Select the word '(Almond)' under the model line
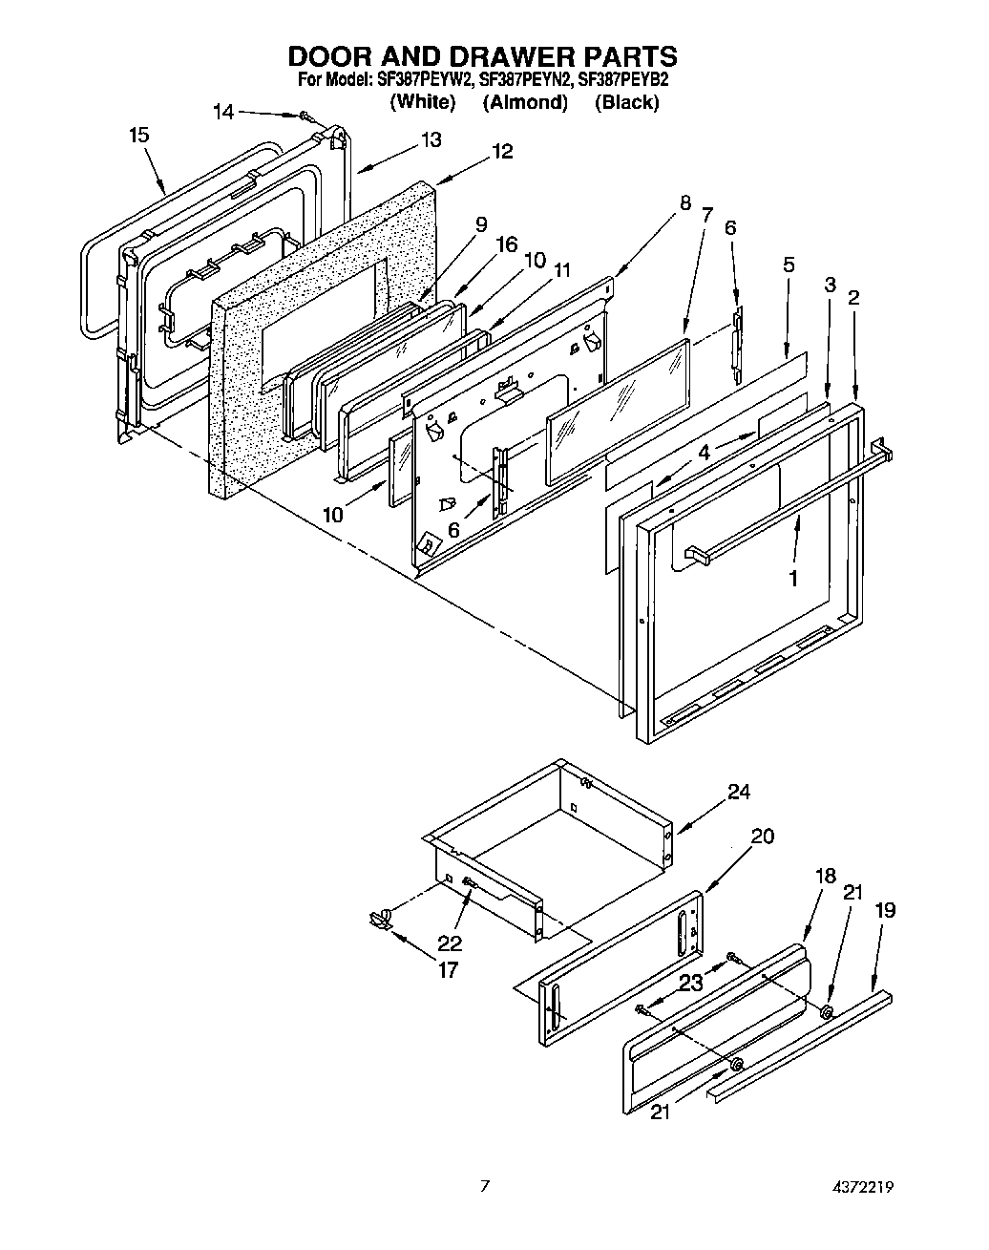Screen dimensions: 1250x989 pyautogui.click(x=524, y=102)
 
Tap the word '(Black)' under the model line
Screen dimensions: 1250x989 pyautogui.click(x=626, y=102)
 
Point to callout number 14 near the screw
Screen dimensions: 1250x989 pyautogui.click(x=222, y=112)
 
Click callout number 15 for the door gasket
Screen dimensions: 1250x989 pyautogui.click(x=139, y=135)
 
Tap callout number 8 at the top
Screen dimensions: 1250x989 pyautogui.click(x=685, y=202)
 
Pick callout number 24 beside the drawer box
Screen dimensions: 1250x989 pyautogui.click(x=739, y=791)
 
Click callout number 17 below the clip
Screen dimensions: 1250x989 pyautogui.click(x=447, y=970)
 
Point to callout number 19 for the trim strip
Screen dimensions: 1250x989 pyautogui.click(x=885, y=910)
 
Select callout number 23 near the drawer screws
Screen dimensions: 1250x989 pyautogui.click(x=691, y=980)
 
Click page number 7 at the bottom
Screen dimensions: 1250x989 pyautogui.click(x=485, y=1187)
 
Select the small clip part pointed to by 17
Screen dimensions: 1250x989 pyautogui.click(x=380, y=919)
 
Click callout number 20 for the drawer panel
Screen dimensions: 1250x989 pyautogui.click(x=762, y=837)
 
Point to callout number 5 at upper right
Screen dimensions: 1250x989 pyautogui.click(x=789, y=265)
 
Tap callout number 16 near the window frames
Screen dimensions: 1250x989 pyautogui.click(x=506, y=244)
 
